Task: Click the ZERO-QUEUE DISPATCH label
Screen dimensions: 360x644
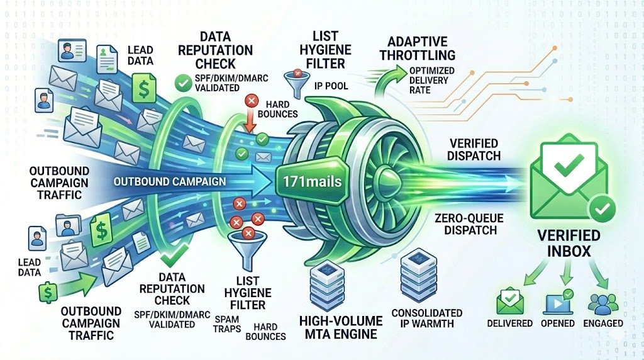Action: (x=466, y=224)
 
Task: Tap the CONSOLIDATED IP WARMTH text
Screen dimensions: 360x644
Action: (x=427, y=318)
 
